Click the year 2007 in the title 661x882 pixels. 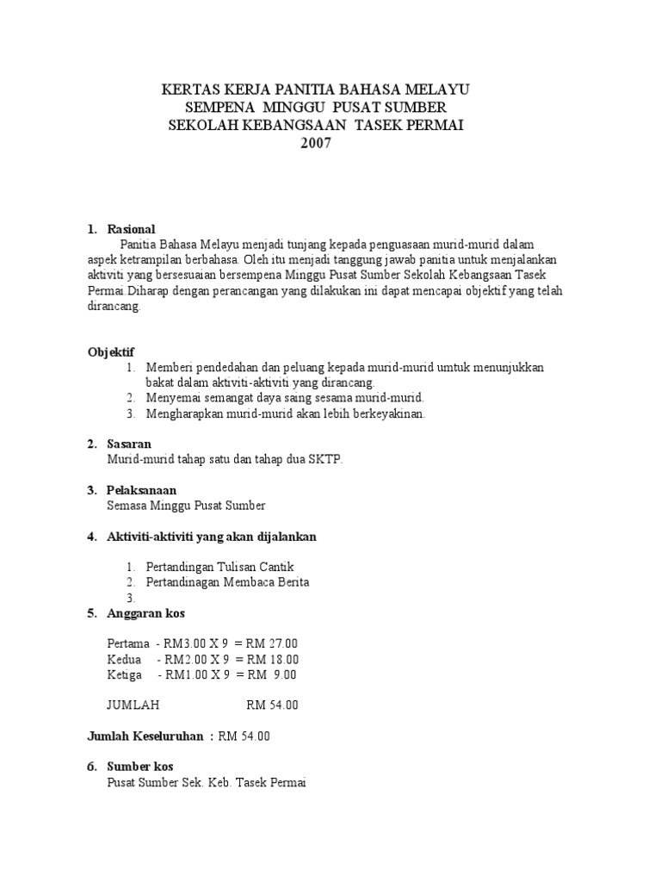(x=315, y=143)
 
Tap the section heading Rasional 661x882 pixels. (x=131, y=229)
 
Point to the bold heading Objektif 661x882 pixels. (x=114, y=351)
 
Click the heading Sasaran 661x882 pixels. (x=129, y=444)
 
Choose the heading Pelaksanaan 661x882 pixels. (x=141, y=490)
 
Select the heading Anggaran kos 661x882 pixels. (x=145, y=613)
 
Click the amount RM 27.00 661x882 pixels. (x=272, y=643)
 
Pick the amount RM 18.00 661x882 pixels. (x=272, y=659)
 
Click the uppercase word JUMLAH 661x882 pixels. (x=133, y=705)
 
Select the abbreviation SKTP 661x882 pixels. (x=325, y=460)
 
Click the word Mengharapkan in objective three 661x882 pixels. (x=184, y=413)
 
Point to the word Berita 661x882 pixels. (x=291, y=582)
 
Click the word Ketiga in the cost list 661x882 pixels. (x=125, y=674)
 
